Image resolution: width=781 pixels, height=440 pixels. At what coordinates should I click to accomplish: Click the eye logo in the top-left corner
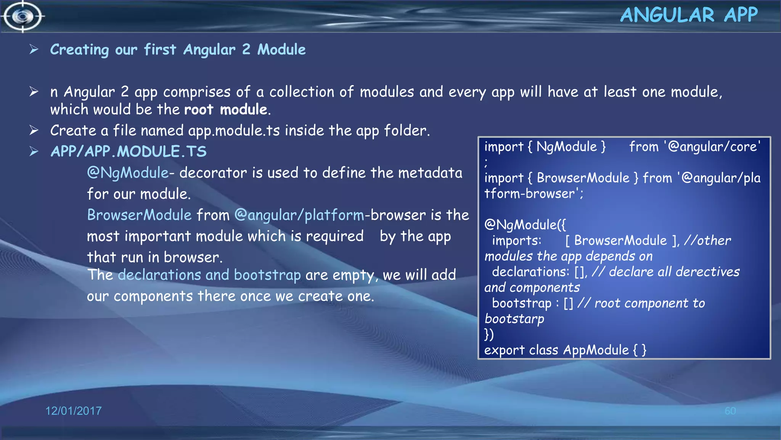click(x=23, y=16)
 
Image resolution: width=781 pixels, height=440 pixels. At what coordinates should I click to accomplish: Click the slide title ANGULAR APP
click(x=689, y=15)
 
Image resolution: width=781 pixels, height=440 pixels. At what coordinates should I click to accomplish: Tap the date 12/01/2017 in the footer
click(x=74, y=411)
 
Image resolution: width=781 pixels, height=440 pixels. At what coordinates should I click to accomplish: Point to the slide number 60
click(x=730, y=411)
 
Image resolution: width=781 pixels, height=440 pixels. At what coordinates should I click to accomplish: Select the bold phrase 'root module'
click(x=226, y=110)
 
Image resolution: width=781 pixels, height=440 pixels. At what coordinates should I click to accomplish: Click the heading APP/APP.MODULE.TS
click(x=129, y=152)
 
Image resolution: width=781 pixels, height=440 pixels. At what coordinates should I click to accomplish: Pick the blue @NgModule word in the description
click(x=128, y=173)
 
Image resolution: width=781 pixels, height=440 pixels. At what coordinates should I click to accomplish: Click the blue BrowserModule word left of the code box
click(x=139, y=215)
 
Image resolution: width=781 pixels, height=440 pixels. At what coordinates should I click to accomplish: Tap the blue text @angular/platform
click(x=299, y=215)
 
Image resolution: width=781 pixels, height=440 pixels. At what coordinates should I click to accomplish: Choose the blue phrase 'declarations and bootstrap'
click(x=209, y=275)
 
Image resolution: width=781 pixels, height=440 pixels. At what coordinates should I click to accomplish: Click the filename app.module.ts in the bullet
click(x=234, y=131)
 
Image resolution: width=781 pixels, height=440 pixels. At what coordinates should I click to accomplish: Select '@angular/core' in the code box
click(x=712, y=147)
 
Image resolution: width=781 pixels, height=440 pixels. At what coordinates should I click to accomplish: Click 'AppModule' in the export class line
click(x=596, y=350)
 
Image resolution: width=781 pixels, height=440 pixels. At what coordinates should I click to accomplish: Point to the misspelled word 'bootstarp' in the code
click(x=514, y=319)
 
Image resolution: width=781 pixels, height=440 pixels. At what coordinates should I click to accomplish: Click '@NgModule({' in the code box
click(x=525, y=225)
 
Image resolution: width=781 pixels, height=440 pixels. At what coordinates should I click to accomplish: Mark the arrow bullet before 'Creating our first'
click(x=34, y=49)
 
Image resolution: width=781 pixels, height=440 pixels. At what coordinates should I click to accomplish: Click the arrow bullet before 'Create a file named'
click(x=34, y=130)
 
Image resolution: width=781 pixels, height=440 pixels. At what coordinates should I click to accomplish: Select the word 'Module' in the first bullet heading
click(x=281, y=50)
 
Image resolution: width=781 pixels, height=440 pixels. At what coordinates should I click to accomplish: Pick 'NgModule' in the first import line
click(x=567, y=147)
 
